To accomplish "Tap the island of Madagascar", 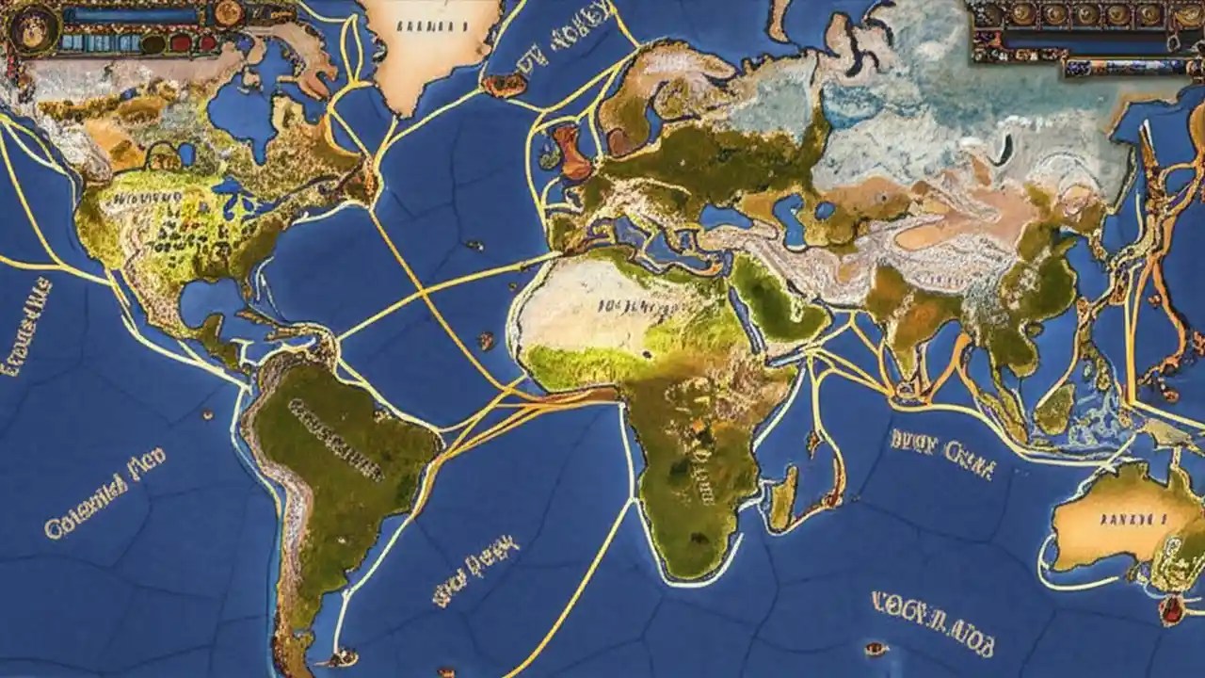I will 783,496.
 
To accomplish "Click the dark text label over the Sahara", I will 630,307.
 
